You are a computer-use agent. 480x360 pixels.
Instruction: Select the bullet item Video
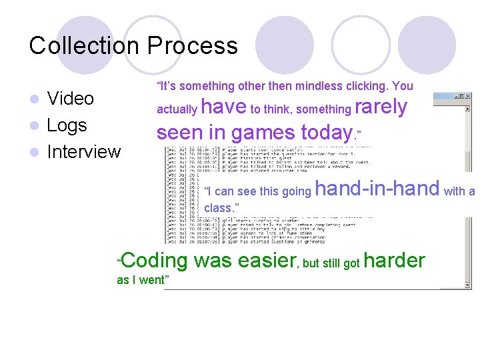coord(71,99)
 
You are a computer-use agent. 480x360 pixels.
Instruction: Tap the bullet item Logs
coord(67,125)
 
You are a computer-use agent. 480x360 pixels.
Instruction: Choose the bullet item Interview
coord(84,152)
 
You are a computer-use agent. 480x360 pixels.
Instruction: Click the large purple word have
coord(223,107)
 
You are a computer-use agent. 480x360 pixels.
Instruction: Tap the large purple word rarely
coord(381,107)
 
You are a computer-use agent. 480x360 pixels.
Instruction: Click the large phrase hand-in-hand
coord(377,189)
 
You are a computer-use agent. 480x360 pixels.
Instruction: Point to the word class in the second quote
coord(217,208)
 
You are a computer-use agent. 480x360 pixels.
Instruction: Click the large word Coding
coord(154,261)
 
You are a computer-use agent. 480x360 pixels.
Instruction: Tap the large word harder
coord(394,261)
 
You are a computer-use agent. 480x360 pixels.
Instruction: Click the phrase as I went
coord(142,280)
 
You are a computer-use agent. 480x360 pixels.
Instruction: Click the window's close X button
coord(467,96)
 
